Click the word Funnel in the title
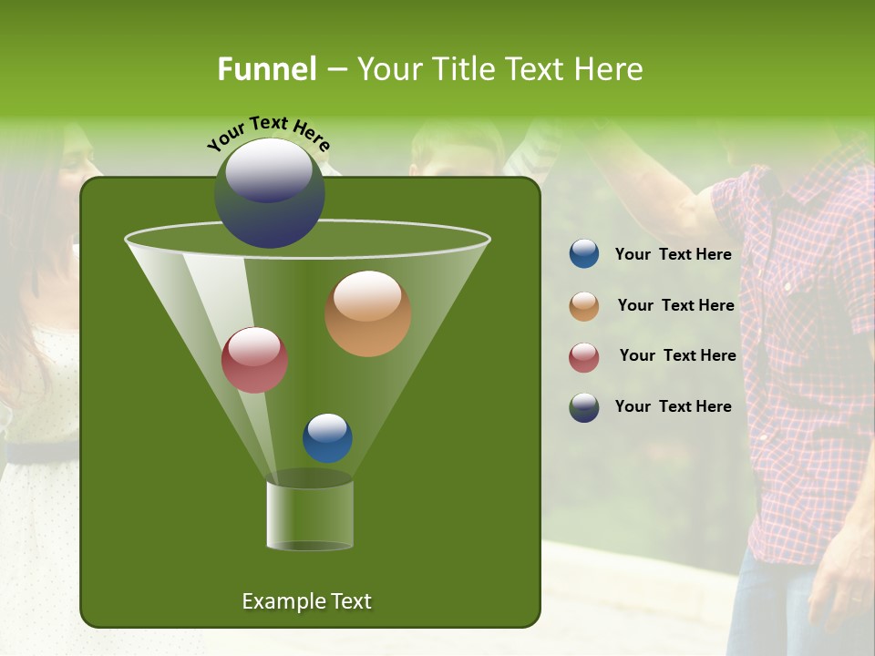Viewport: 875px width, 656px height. click(267, 69)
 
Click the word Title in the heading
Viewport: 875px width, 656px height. click(462, 69)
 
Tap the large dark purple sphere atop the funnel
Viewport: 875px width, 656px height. click(270, 192)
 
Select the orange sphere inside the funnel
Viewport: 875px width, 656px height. click(367, 313)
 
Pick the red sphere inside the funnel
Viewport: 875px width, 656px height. click(254, 360)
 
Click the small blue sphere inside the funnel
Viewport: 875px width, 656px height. click(327, 438)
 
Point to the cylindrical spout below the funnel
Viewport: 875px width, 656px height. click(309, 516)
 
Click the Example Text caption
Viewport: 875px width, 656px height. click(306, 601)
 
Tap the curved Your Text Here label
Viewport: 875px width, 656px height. click(268, 133)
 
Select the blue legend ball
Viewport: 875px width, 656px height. click(584, 254)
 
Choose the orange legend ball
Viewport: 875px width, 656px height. click(584, 306)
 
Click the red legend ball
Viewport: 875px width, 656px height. click(584, 357)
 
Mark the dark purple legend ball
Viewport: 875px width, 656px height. click(584, 407)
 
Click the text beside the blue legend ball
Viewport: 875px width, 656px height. click(673, 255)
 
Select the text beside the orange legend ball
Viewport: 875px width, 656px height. click(675, 306)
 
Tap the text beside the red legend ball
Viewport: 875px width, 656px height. click(677, 355)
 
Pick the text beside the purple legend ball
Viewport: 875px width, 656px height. click(673, 406)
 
